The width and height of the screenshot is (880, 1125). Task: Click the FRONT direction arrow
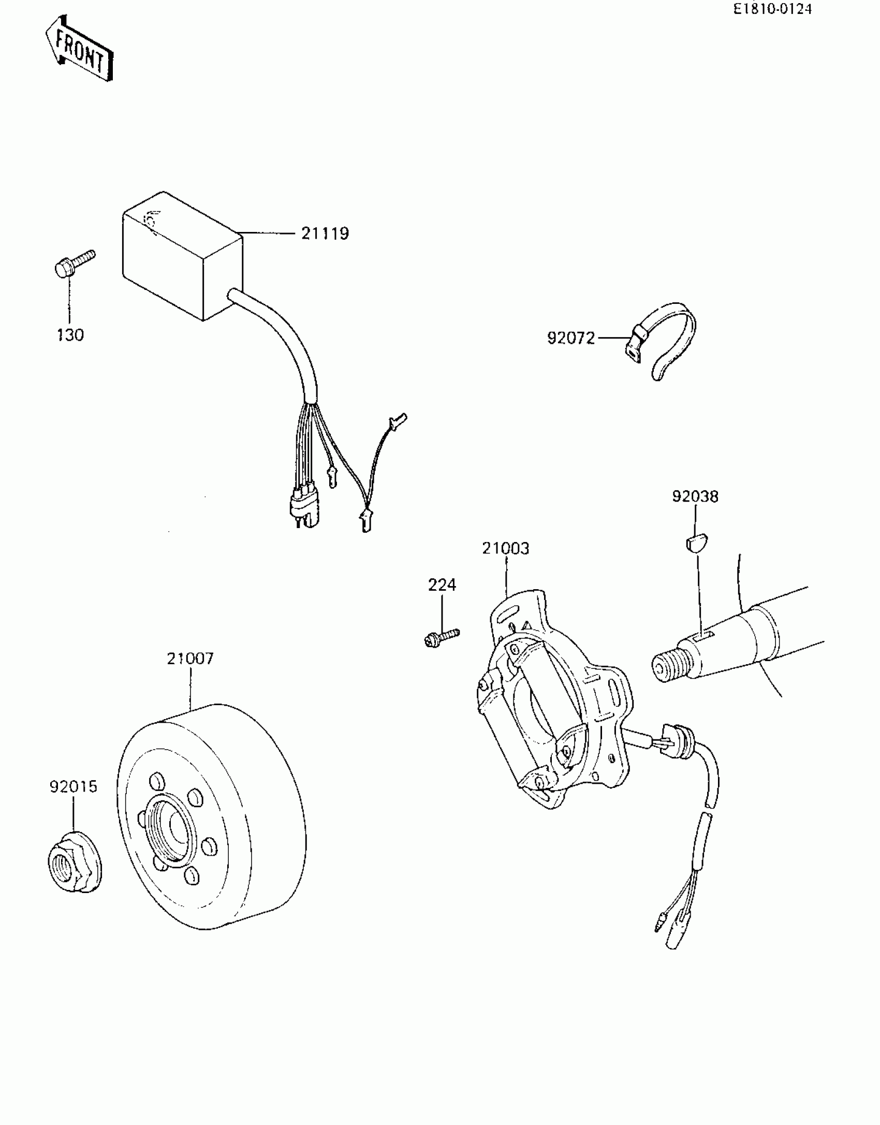click(79, 49)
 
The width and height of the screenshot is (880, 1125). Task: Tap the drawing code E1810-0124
click(772, 9)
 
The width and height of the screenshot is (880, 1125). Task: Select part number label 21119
click(325, 233)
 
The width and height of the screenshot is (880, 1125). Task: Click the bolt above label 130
click(75, 264)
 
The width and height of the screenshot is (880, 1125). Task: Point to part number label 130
click(70, 335)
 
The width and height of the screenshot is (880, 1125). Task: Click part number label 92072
click(571, 339)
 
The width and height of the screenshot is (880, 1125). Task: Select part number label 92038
click(695, 496)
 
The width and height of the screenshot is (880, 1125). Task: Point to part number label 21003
click(506, 548)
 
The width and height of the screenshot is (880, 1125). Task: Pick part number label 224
click(442, 585)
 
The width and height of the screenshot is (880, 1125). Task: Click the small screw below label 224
click(441, 637)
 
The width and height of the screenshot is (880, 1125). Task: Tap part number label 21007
click(190, 659)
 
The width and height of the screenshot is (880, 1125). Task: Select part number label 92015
click(74, 787)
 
